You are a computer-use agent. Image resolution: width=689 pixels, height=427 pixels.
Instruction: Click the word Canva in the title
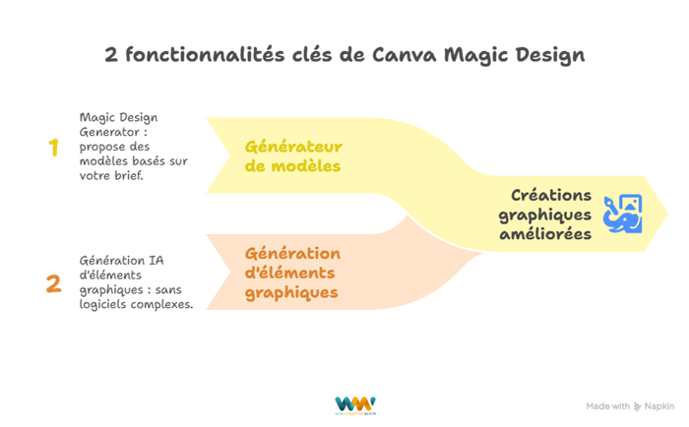point(405,55)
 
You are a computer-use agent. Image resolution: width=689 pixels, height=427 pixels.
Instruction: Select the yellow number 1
point(53,148)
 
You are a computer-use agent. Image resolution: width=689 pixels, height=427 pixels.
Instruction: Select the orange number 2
point(53,283)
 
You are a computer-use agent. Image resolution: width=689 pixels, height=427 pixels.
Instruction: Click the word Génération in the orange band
point(292,253)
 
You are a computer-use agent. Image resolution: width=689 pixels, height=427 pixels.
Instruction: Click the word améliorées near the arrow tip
point(544,234)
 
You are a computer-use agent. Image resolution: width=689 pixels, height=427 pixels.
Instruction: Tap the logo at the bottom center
point(355,405)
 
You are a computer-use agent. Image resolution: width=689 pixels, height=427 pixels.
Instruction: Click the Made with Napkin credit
point(629,405)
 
